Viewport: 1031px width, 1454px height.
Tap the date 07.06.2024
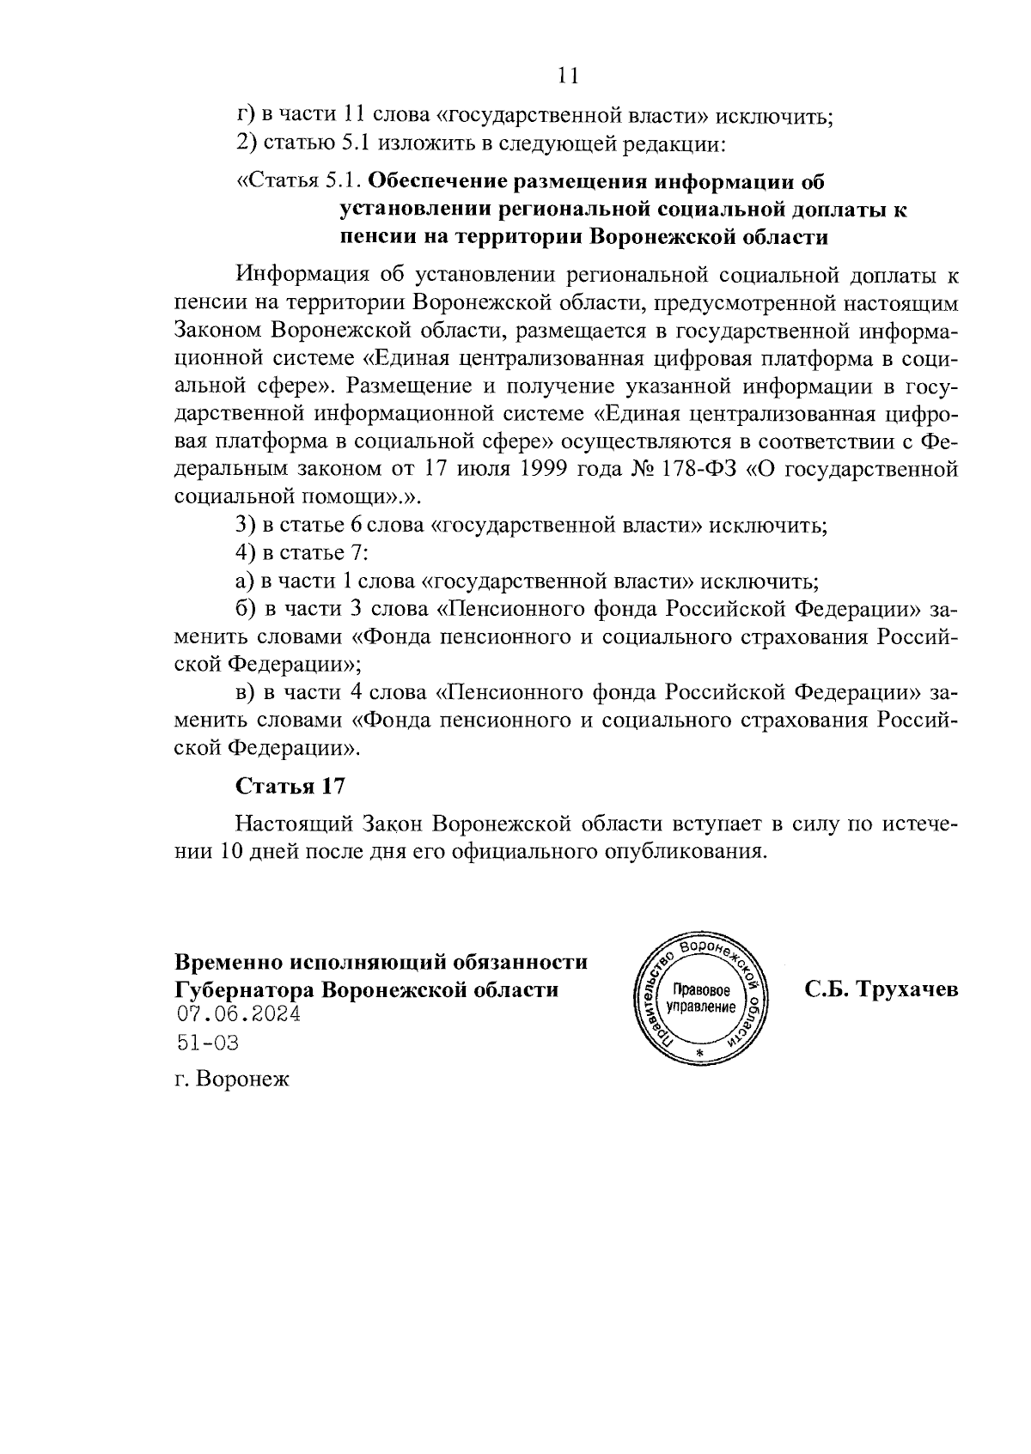coord(238,1015)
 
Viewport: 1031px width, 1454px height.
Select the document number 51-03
coord(206,1043)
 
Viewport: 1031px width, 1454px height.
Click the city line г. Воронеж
coord(231,1079)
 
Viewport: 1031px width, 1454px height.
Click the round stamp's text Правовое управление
coord(701,997)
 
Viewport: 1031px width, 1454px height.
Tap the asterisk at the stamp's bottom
coord(699,1053)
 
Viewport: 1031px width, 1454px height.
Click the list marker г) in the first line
coord(245,115)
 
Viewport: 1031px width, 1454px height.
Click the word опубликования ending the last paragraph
coord(684,852)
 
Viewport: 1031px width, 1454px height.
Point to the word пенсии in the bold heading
coord(371,237)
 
